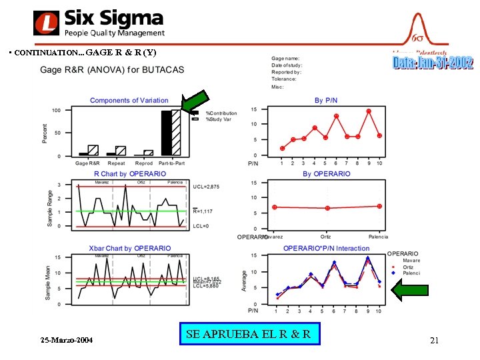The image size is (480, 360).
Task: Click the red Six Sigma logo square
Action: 47,23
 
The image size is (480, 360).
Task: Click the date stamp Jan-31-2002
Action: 433,63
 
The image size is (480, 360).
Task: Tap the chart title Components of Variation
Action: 129,101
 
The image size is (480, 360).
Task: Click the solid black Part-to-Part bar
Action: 166,133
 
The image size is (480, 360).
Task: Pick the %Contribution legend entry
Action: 220,113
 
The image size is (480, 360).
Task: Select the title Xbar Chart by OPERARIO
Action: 129,249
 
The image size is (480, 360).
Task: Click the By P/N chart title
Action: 327,101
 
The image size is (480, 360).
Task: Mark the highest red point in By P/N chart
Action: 369,111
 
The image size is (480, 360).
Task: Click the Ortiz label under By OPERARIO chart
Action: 325,236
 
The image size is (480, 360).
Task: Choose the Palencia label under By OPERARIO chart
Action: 378,236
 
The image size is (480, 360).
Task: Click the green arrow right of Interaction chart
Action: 409,289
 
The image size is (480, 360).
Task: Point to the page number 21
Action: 434,341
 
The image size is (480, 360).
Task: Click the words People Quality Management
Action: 114,33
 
